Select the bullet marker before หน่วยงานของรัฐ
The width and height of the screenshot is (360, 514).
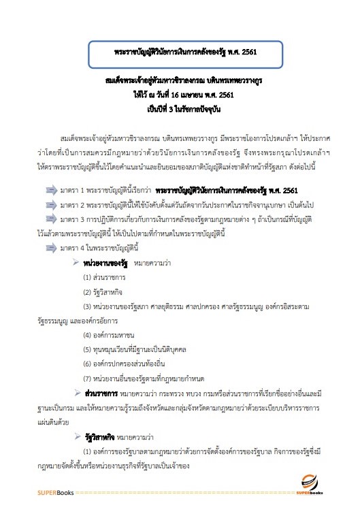[76, 262]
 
